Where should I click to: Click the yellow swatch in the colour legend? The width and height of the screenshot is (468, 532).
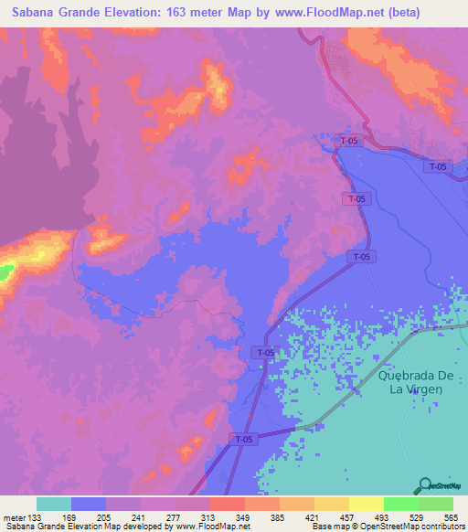[x=366, y=505]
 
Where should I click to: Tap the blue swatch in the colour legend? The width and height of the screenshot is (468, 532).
[x=88, y=505]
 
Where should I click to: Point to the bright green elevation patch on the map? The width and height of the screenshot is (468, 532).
[x=5, y=272]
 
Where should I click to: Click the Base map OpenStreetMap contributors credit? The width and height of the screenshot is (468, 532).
[x=385, y=527]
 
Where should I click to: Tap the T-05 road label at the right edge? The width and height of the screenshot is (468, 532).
[x=438, y=166]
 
